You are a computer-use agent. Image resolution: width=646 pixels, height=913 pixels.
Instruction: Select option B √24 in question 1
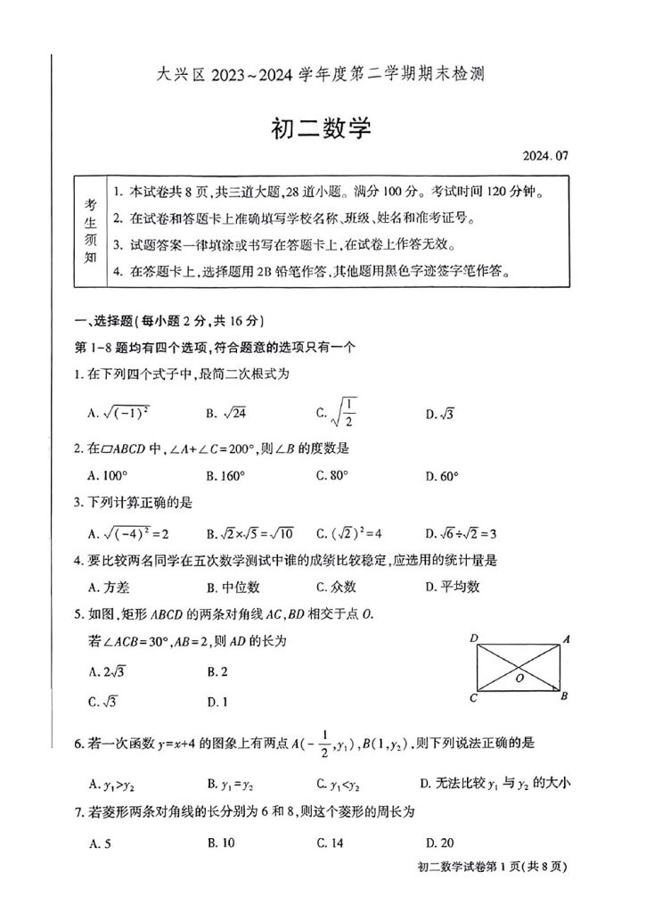click(225, 413)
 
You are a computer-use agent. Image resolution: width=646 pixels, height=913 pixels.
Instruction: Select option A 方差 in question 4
click(108, 587)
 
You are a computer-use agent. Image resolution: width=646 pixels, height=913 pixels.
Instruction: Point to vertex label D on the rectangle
click(476, 637)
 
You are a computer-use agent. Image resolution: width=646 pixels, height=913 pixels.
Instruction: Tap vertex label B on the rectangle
click(564, 697)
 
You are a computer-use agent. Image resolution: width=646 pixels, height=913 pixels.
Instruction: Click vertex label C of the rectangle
click(474, 697)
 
